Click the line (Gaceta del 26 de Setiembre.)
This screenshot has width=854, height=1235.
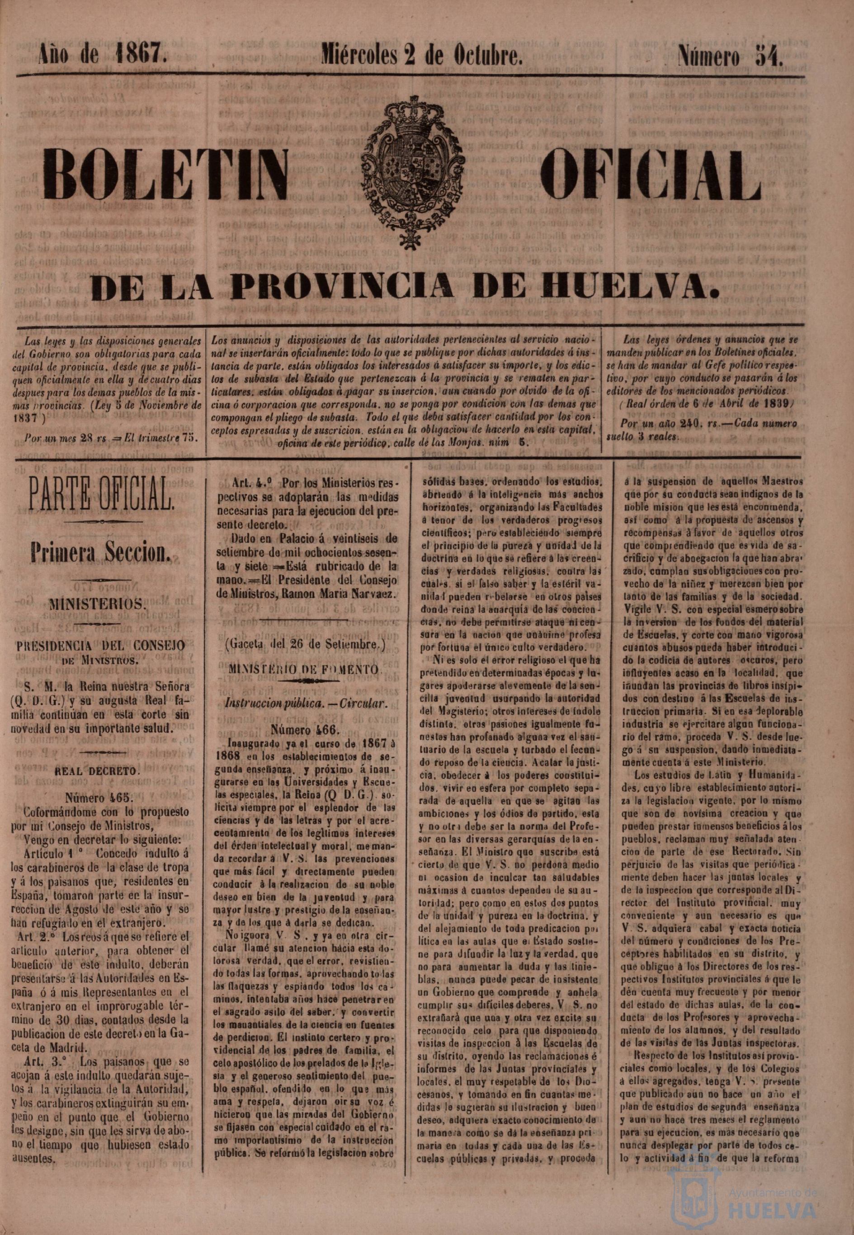pyautogui.click(x=305, y=645)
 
